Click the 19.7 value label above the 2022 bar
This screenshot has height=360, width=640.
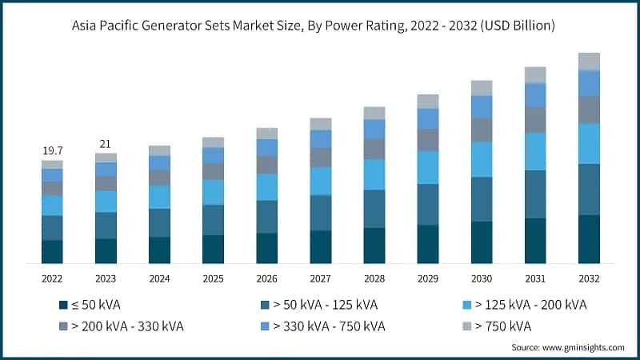pos(52,150)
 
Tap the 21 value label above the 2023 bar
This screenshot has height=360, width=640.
pos(106,144)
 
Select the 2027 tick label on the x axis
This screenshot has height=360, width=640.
pos(320,278)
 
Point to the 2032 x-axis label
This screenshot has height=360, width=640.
pos(589,278)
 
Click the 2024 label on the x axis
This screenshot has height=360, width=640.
pos(159,278)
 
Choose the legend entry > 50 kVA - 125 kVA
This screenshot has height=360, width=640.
pos(326,305)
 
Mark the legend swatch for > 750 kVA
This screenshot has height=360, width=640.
pos(468,326)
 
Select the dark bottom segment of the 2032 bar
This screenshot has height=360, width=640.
pos(589,239)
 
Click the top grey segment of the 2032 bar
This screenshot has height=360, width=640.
pos(589,62)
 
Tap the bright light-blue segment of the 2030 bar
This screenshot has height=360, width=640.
pos(482,159)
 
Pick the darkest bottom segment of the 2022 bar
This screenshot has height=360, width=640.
pos(52,251)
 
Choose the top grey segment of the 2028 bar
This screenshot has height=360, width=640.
pos(374,113)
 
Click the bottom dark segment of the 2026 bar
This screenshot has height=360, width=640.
pos(266,248)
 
